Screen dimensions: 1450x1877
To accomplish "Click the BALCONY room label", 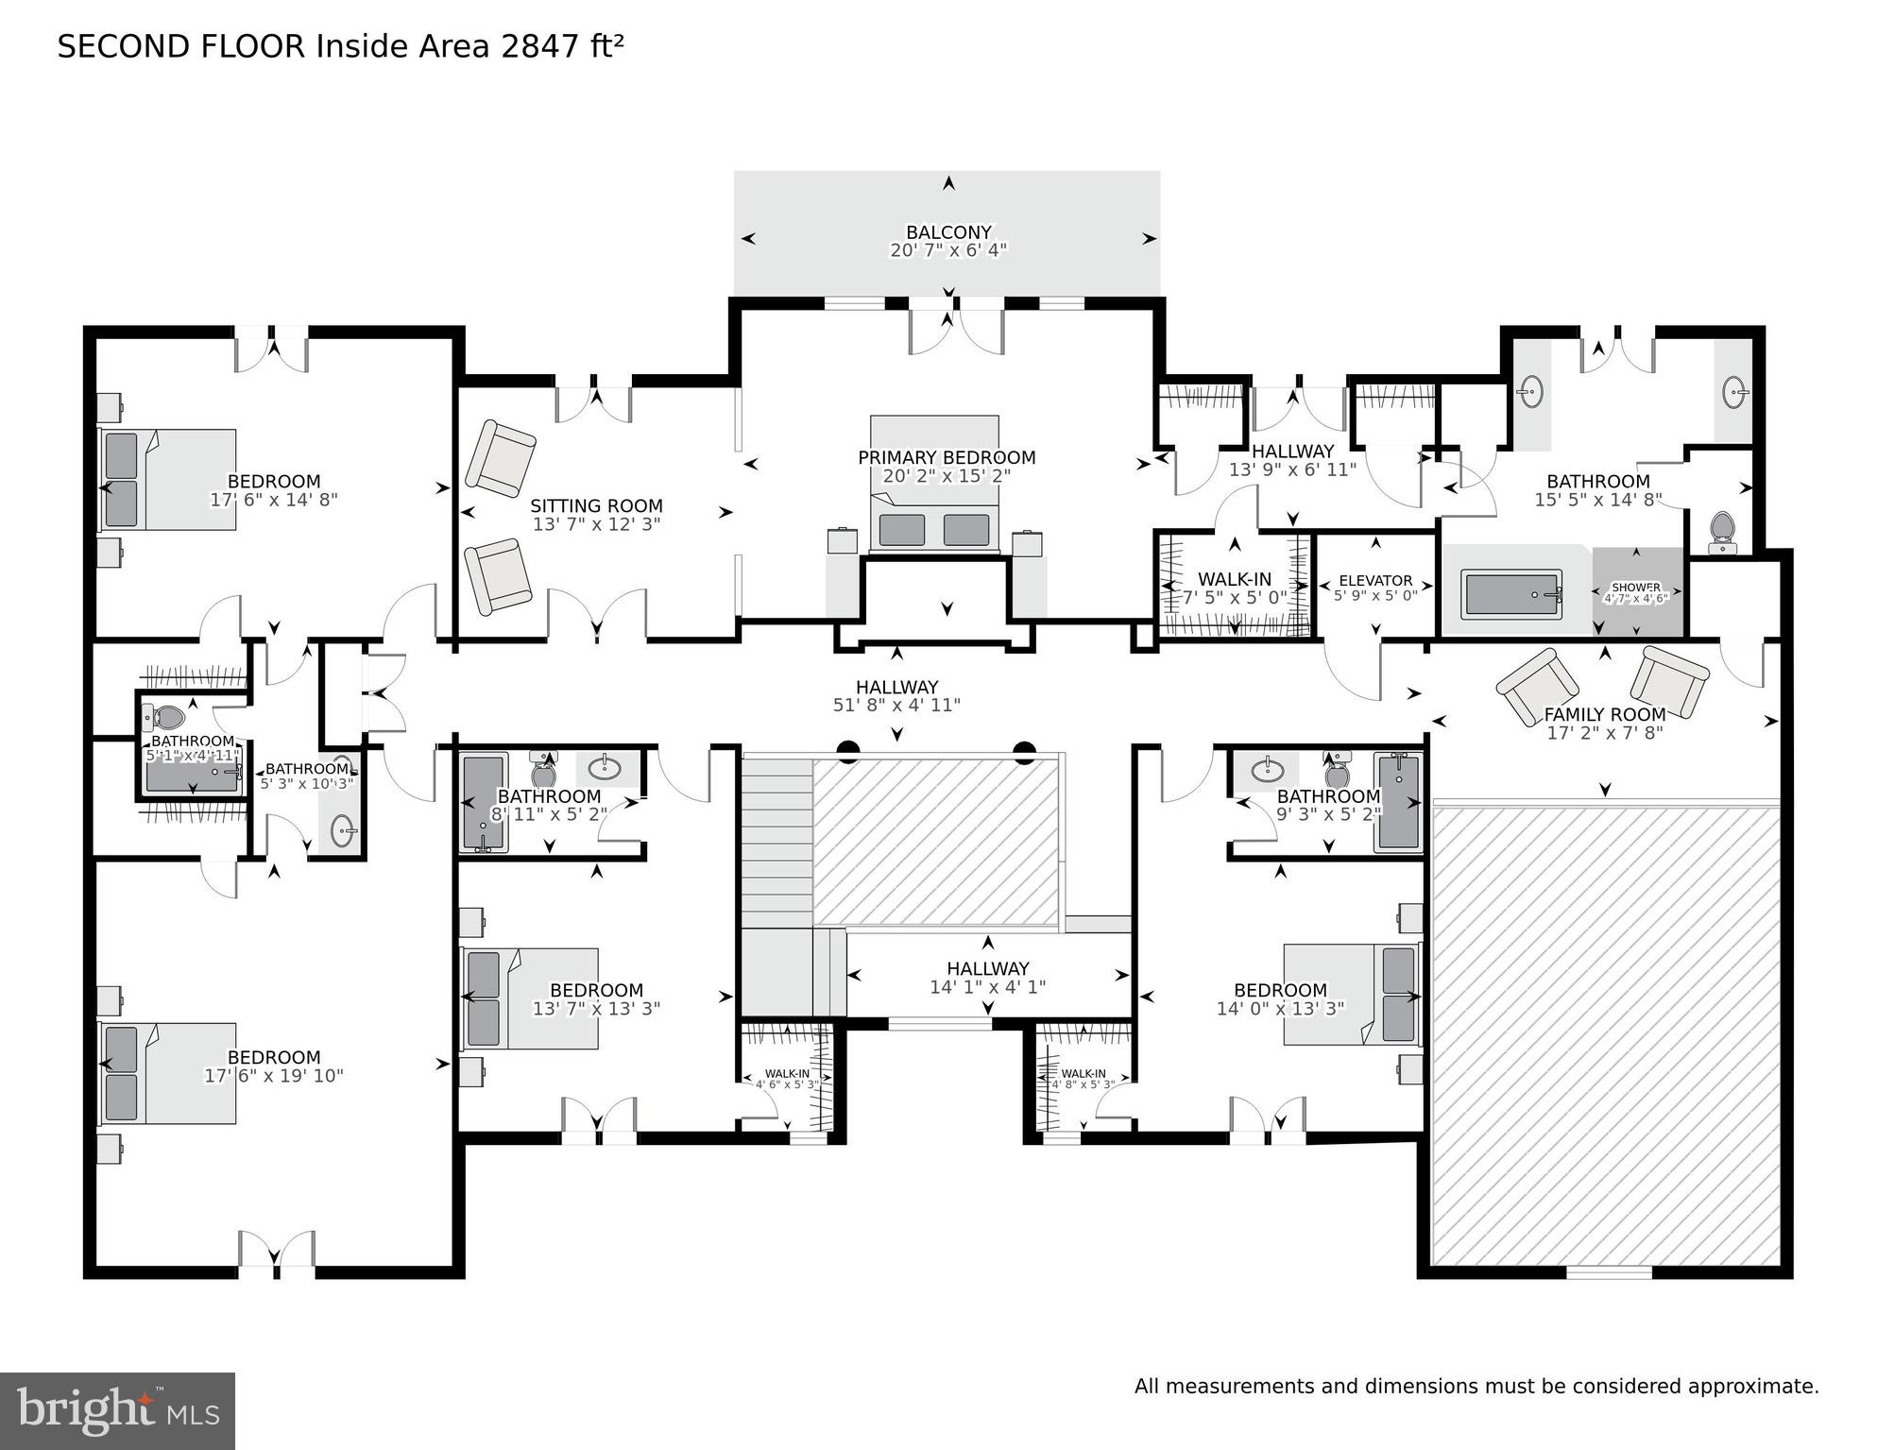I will click(948, 232).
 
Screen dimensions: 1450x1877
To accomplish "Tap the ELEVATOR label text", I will click(1375, 581).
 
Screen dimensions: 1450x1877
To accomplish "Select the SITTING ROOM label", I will click(596, 506).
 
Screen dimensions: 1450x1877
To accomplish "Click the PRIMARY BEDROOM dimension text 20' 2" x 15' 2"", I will click(947, 476).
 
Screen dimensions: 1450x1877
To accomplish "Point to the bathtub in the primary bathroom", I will click(1511, 594).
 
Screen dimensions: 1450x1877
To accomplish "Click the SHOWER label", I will click(1636, 588).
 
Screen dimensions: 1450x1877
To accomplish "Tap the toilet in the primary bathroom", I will click(1722, 532).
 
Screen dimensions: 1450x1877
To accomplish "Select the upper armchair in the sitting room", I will click(500, 457).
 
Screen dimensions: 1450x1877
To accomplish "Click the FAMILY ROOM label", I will click(1604, 715).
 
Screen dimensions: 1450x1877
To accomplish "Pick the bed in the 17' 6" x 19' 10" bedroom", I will click(168, 1073).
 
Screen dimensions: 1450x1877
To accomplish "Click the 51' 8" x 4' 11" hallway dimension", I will click(896, 706).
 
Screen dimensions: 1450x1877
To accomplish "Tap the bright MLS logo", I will click(117, 1411).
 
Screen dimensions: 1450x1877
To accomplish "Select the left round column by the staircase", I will click(847, 751).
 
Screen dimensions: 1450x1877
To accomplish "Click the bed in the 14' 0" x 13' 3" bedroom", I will click(1352, 994).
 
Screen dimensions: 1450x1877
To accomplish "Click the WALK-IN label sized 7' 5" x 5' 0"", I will click(1234, 580).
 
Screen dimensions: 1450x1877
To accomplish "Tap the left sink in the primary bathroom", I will click(1531, 390).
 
